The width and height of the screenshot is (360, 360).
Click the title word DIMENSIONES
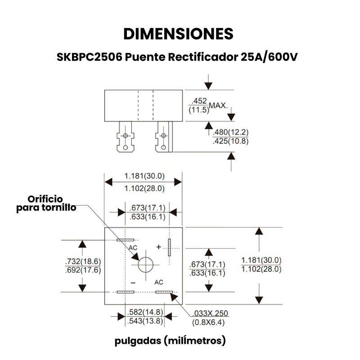[178, 34]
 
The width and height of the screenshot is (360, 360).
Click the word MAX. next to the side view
[219, 105]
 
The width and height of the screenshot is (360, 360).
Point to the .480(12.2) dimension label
[230, 132]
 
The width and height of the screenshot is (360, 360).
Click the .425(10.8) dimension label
[230, 141]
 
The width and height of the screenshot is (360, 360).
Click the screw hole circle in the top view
[146, 265]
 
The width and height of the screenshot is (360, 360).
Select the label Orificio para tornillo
[45, 203]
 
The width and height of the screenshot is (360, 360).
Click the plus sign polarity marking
[158, 247]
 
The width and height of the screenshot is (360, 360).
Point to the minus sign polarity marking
[133, 283]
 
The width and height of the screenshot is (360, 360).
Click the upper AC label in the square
[133, 248]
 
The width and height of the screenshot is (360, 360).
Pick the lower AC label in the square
[159, 283]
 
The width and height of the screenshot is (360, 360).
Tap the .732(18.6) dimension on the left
[83, 261]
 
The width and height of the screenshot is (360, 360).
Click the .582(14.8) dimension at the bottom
[145, 312]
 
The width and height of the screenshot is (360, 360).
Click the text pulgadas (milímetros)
[170, 341]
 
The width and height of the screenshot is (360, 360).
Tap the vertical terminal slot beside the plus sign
[170, 247]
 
